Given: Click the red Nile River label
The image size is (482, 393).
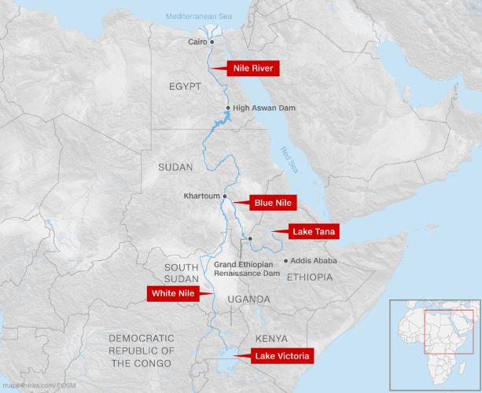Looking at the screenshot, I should [253, 68].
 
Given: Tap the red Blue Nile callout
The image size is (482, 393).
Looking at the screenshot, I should [272, 203].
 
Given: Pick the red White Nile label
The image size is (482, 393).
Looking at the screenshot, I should [173, 294].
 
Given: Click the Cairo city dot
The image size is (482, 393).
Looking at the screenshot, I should [212, 42].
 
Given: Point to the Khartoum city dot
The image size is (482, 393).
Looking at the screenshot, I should [225, 196].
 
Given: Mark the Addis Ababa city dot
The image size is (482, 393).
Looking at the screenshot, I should [285, 260].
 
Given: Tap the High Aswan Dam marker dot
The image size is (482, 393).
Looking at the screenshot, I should [228, 108].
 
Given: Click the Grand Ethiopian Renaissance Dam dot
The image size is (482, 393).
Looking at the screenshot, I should [250, 238].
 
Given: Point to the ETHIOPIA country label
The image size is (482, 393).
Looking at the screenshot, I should [310, 277].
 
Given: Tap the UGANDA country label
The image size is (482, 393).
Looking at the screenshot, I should [248, 299].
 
